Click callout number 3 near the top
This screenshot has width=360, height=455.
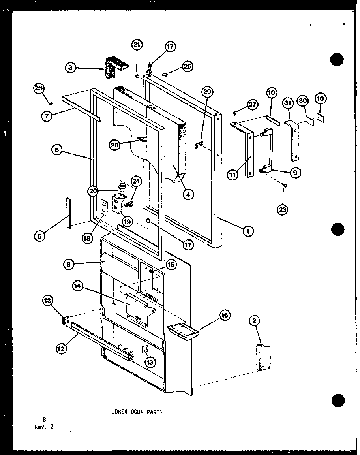(70, 68)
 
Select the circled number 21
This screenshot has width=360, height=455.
(137, 45)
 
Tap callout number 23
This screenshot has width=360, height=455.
(283, 210)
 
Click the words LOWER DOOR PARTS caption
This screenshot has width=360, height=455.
(137, 411)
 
